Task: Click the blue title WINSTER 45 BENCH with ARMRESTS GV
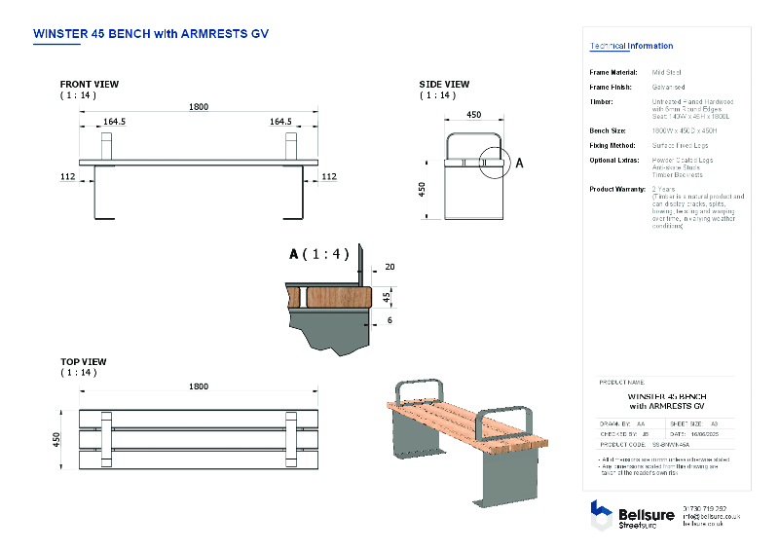click(151, 33)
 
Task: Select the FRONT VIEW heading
click(91, 85)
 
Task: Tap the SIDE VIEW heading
click(445, 85)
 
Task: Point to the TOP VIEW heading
click(84, 361)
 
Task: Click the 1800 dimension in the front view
click(199, 106)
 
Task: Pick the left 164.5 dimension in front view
click(116, 122)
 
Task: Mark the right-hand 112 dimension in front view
click(328, 176)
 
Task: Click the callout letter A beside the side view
click(519, 163)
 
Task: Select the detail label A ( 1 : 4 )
click(318, 254)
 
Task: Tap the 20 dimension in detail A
click(389, 267)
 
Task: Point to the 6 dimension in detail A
click(389, 320)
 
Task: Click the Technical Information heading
click(631, 46)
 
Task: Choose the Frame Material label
click(613, 72)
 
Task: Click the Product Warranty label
click(618, 189)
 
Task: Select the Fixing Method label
click(612, 145)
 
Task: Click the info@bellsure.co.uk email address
click(712, 516)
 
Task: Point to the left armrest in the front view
click(108, 145)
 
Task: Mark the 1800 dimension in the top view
click(199, 386)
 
